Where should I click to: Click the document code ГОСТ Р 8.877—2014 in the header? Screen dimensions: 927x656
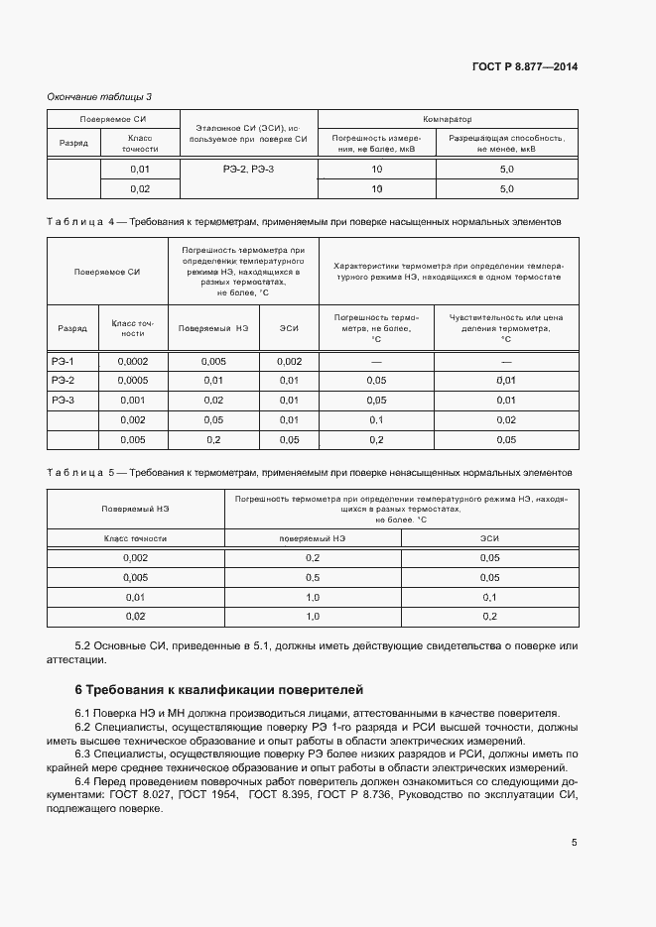525,66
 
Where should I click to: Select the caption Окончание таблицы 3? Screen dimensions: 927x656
99,96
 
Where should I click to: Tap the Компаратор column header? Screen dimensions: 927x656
447,118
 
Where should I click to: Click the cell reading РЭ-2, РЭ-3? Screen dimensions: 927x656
247,170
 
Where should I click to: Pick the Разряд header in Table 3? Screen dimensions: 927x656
73,143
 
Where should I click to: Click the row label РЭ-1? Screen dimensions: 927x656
64,362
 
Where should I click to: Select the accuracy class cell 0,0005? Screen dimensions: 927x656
133,381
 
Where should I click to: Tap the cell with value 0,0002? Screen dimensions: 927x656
133,362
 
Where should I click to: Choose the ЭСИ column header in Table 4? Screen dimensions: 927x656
289,328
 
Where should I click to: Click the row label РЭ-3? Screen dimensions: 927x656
64,400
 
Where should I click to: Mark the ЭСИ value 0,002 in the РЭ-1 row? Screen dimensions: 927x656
289,362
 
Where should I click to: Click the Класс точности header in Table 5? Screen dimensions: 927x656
135,537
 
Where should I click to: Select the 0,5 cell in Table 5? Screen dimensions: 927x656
313,577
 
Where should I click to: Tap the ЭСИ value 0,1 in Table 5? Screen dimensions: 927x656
489,597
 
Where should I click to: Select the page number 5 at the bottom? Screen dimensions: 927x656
575,843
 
